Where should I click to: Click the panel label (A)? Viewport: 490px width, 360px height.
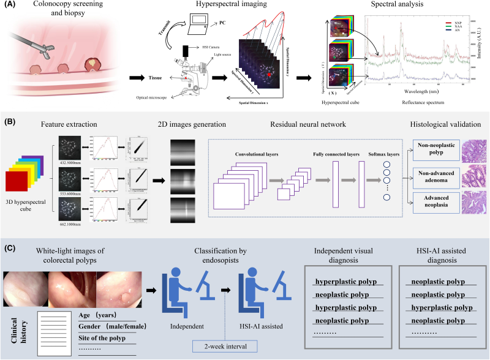9,6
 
